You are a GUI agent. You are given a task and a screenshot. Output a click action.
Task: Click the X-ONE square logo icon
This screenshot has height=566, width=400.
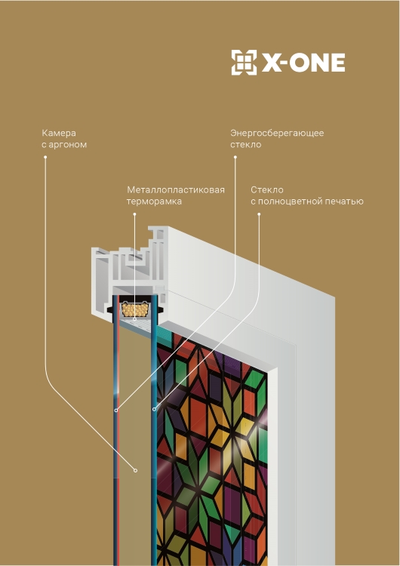click(x=244, y=63)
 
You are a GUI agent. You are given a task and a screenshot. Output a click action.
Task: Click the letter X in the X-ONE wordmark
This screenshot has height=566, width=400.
click(x=271, y=63)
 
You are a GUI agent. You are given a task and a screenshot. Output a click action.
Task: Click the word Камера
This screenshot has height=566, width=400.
click(x=59, y=133)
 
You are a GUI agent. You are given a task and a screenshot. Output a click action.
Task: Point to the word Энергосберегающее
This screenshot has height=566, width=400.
click(x=277, y=133)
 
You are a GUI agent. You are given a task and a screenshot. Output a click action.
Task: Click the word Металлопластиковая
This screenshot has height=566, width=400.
click(x=176, y=190)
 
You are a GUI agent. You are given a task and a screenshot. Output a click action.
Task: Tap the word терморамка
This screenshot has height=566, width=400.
click(x=154, y=201)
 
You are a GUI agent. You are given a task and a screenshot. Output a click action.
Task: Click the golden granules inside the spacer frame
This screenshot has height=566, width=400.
click(x=135, y=309)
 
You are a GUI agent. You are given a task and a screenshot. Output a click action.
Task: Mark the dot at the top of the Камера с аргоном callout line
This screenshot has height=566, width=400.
click(x=45, y=157)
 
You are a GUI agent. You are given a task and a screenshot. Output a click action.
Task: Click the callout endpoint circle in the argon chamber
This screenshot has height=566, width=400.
click(x=135, y=470)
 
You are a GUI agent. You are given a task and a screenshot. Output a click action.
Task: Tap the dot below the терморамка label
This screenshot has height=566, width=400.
click(x=134, y=214)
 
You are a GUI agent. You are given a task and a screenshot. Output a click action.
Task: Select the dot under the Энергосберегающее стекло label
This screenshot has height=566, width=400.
click(x=235, y=157)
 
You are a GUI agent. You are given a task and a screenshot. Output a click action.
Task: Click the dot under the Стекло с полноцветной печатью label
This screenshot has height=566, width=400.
click(x=259, y=214)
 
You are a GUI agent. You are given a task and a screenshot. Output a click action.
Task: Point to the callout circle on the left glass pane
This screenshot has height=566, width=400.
click(x=116, y=411)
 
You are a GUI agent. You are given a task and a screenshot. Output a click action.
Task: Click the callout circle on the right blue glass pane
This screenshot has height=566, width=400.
click(x=154, y=409)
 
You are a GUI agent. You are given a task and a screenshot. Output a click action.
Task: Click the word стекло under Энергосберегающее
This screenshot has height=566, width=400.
click(x=246, y=145)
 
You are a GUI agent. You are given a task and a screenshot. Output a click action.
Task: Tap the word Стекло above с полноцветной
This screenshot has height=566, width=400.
click(x=267, y=190)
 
